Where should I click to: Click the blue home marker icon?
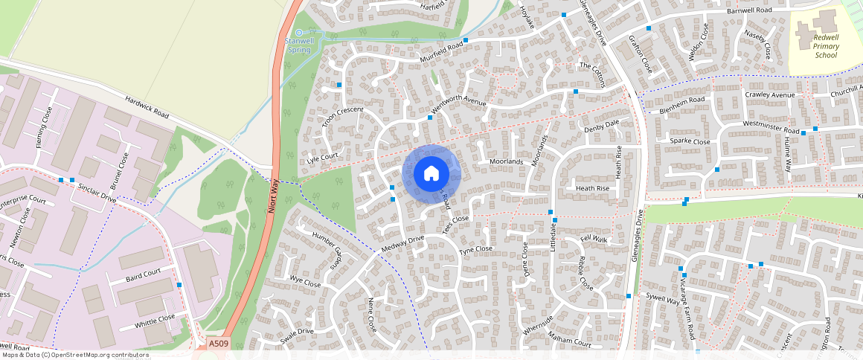[431, 174]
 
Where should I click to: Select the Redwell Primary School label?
[826, 45]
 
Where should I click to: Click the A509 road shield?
[219, 344]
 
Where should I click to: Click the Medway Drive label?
[402, 242]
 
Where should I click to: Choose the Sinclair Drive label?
[97, 193]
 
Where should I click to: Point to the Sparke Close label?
[690, 141]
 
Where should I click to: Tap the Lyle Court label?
[322, 158]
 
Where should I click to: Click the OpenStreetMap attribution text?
[75, 355]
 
